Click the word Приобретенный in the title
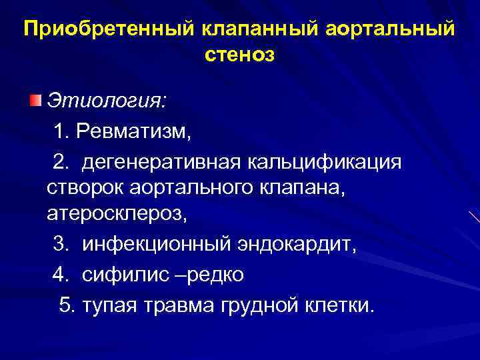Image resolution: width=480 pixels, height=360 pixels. point(107,30)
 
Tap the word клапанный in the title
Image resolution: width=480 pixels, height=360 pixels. point(251,30)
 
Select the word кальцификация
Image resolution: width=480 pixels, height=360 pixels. point(325,161)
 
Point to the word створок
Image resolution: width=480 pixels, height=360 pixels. point(83,188)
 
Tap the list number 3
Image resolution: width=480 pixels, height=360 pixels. point(60,246)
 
